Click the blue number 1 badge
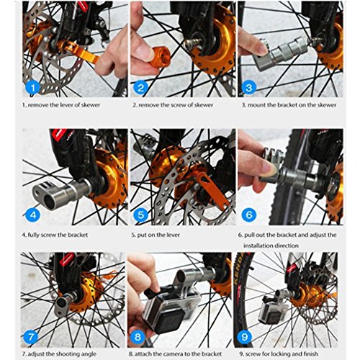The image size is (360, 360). coord(32,87)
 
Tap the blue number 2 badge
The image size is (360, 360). coord(140,87)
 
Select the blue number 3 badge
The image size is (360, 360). coord(249,87)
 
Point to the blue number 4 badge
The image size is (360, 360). coord(33,215)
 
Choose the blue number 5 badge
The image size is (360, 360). coord(141,215)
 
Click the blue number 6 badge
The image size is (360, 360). coord(249,215)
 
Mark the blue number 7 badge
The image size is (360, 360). coord(30,337)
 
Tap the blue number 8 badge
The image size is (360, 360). coord(138,337)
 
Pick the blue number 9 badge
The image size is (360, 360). coord(244,337)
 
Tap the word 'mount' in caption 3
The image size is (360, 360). coord(256,105)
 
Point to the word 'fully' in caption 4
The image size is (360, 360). coord(33,235)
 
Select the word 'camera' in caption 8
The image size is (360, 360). coord(169,354)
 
